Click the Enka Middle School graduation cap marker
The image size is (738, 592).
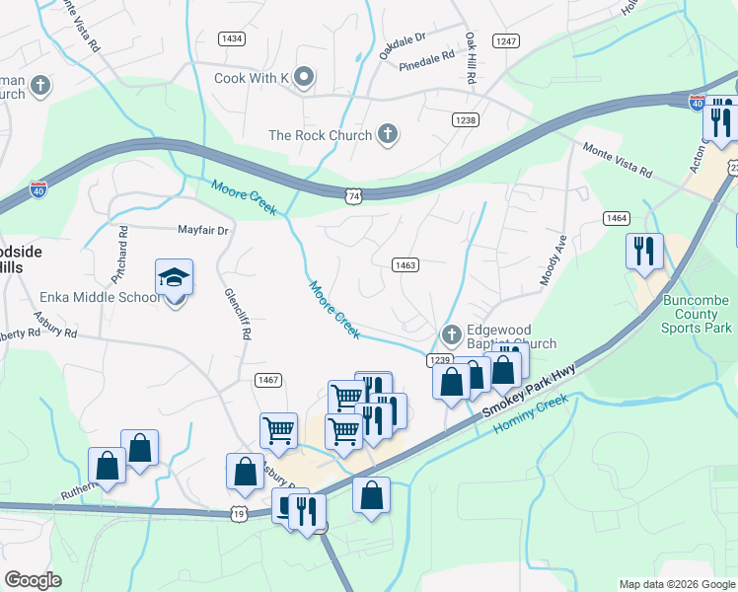(x=174, y=279)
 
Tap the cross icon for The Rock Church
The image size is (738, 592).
(x=388, y=135)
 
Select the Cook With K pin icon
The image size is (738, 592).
(x=304, y=76)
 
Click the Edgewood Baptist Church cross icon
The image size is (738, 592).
(x=451, y=333)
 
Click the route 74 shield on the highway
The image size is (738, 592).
(x=353, y=197)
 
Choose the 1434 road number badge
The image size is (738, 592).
(x=232, y=38)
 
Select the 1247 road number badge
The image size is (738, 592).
(x=507, y=40)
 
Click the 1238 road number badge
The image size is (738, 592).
(x=466, y=119)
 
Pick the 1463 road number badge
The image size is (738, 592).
(x=406, y=264)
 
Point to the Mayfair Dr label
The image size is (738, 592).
(x=202, y=230)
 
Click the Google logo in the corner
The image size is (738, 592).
(x=33, y=580)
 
